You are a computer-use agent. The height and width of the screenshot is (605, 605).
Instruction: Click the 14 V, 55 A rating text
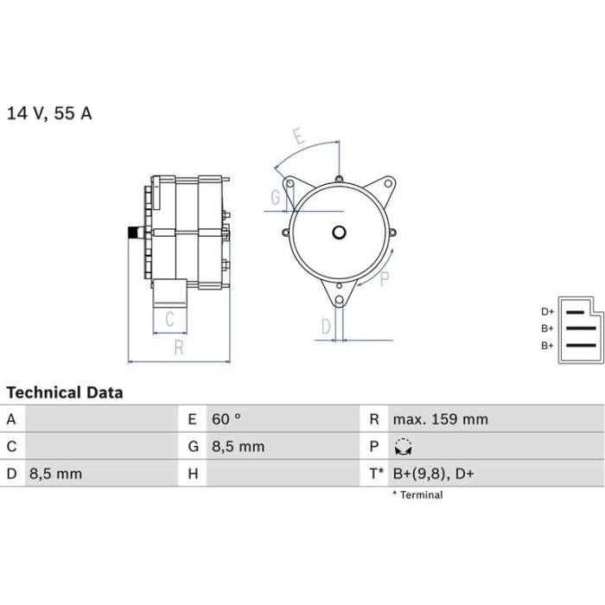click(50, 113)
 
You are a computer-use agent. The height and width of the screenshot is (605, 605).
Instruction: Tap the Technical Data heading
click(65, 392)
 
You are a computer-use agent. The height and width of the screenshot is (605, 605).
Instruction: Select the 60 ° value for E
click(226, 419)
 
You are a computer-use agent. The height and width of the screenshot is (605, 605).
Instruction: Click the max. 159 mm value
click(441, 419)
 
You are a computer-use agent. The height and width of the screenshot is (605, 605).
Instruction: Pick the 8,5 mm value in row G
click(238, 447)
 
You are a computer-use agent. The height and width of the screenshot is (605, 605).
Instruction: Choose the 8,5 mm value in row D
click(56, 474)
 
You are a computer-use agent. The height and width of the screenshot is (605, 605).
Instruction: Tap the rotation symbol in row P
click(404, 447)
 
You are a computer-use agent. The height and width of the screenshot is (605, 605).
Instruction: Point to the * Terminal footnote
click(417, 495)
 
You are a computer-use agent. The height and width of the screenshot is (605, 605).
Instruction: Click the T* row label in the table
click(377, 474)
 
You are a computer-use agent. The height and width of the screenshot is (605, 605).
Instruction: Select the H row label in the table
click(194, 474)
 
